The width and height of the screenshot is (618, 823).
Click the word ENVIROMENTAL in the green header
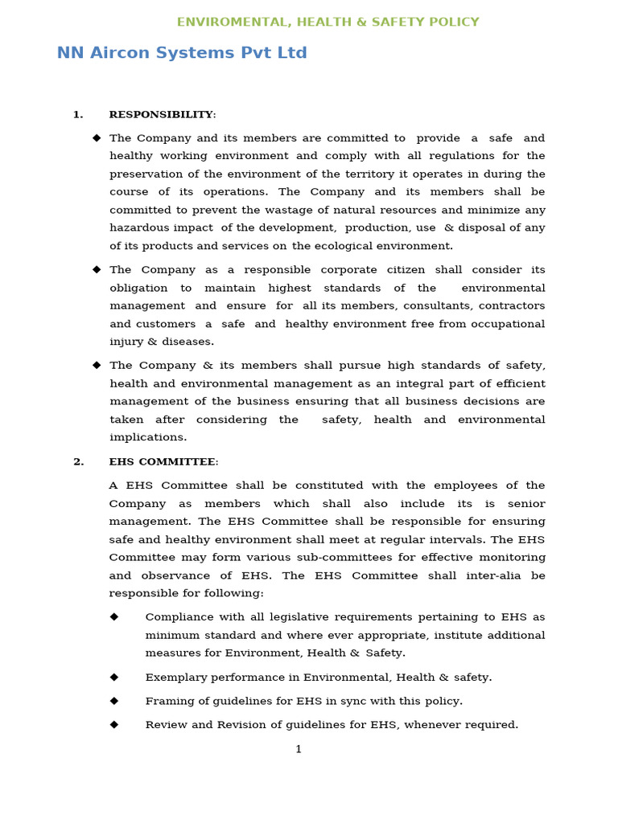tap(225, 22)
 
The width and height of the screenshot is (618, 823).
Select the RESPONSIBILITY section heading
tap(162, 114)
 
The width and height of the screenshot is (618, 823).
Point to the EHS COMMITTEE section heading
tap(163, 461)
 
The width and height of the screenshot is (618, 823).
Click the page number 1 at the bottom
tap(299, 749)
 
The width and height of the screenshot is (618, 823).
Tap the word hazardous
tap(139, 228)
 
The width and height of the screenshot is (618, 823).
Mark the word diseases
tap(187, 342)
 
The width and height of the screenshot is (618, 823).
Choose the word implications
tap(147, 437)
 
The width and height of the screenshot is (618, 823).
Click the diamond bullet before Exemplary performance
tap(114, 677)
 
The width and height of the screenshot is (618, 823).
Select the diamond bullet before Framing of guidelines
tap(114, 700)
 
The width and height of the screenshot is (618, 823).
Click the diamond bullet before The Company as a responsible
tap(97, 269)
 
